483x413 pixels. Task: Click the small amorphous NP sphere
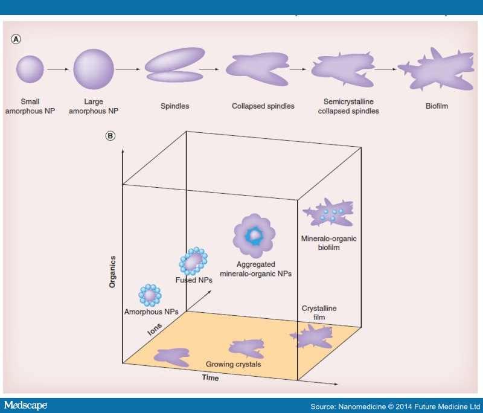click(30, 69)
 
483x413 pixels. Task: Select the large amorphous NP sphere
click(94, 69)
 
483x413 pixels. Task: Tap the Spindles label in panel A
click(174, 106)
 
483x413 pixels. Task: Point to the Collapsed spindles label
click(263, 106)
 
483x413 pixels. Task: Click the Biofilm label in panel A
click(437, 106)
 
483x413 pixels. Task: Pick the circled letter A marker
click(16, 39)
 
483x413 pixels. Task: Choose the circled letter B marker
click(110, 136)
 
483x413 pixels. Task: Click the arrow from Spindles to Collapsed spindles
click(209, 69)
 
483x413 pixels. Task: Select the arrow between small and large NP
click(58, 69)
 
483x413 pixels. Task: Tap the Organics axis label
click(112, 272)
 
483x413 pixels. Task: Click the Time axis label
click(210, 377)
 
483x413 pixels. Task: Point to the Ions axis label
click(155, 329)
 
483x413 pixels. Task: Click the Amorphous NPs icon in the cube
click(150, 295)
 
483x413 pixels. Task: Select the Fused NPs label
click(194, 280)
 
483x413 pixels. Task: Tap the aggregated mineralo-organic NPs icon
click(254, 235)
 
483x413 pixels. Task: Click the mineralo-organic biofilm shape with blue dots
click(328, 213)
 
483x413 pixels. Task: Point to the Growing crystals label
click(233, 364)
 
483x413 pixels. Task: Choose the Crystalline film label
click(319, 313)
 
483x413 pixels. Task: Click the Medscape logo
click(25, 405)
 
